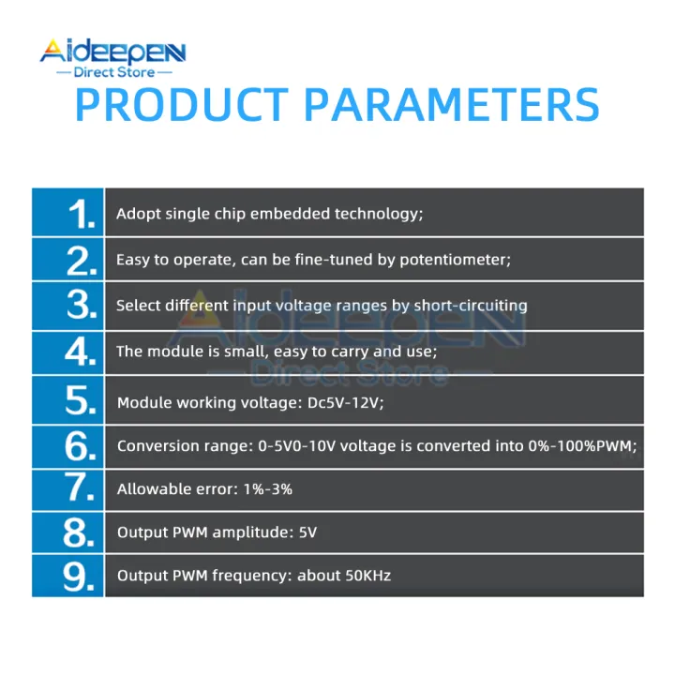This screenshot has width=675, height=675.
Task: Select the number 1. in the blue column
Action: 82,215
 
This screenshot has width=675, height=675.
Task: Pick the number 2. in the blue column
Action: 82,260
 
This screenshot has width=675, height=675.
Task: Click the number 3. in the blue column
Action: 82,306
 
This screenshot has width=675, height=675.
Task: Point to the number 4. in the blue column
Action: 82,352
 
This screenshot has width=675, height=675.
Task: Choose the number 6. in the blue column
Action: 82,447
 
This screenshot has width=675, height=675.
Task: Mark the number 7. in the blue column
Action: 82,489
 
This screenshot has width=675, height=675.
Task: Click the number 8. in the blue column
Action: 82,533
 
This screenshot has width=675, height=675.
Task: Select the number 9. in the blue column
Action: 82,576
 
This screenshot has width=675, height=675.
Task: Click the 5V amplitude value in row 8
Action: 307,533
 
